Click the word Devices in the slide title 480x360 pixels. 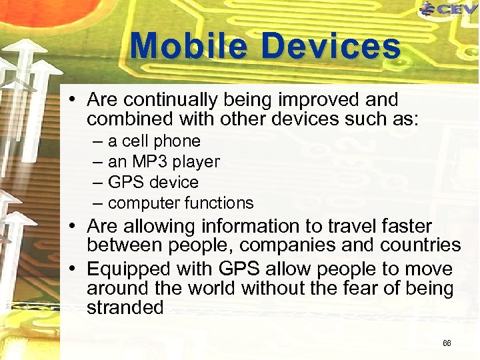331,47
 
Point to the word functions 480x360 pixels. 220,203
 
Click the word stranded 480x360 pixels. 125,307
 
